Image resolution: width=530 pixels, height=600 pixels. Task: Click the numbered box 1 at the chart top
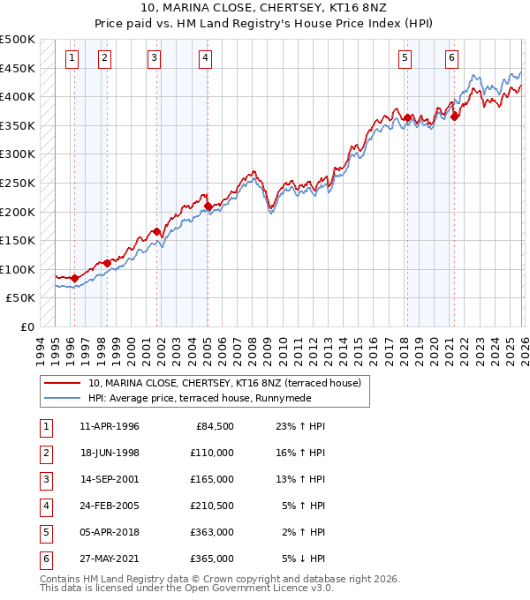pos(72,59)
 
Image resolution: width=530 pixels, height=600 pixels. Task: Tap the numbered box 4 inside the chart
pos(205,59)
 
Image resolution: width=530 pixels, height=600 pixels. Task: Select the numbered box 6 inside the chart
pos(452,59)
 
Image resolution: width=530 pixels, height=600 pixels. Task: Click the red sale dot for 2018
pos(407,117)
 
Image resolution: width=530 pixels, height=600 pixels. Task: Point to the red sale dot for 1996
pos(74,278)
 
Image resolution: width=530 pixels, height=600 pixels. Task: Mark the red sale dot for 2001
pos(156,232)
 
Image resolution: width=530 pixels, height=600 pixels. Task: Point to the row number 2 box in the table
pos(45,453)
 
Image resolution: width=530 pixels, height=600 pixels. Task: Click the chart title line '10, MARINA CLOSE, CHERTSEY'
pos(265,8)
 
